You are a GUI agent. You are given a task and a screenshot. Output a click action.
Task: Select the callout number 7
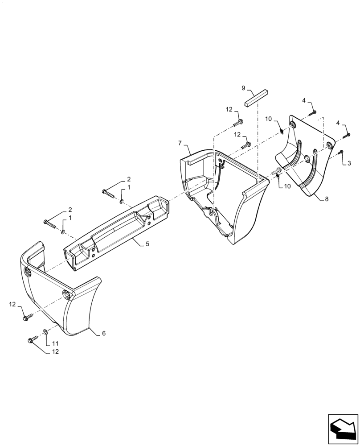[180, 143]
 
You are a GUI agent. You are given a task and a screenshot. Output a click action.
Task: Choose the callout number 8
[327, 199]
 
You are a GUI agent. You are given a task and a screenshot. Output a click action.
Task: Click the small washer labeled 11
[46, 332]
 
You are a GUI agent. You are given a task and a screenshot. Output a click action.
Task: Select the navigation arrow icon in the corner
[343, 428]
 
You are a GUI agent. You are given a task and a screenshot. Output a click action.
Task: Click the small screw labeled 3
[340, 153]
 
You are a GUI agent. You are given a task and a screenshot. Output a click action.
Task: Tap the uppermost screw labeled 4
[314, 112]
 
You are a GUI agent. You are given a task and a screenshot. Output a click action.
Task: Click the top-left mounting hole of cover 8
[292, 123]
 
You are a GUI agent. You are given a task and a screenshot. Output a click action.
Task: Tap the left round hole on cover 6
[28, 272]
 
